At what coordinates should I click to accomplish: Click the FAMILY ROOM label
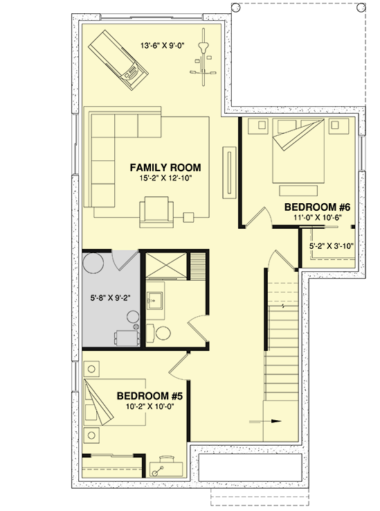click(165, 168)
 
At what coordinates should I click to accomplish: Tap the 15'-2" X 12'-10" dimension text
click(165, 178)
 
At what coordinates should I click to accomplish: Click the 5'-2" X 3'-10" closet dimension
click(332, 245)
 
